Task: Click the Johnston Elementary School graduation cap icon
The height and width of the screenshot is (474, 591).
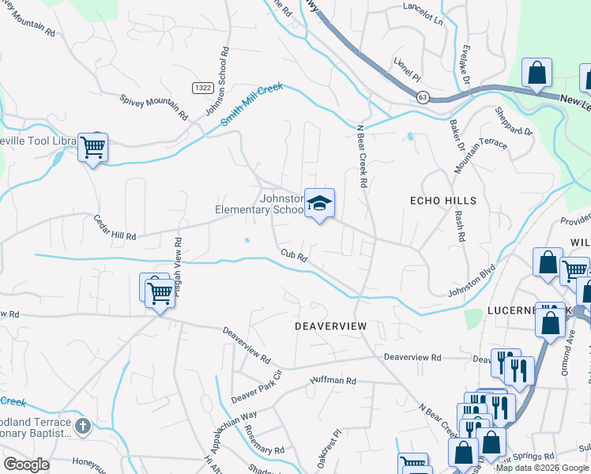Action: click(320, 204)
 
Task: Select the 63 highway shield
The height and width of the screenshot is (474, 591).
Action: click(423, 96)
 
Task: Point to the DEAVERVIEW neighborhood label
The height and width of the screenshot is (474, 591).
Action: click(331, 325)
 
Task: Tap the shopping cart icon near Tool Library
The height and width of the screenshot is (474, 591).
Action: click(93, 147)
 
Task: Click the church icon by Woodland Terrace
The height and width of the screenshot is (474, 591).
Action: click(83, 427)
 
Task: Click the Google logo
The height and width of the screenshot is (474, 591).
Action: click(26, 465)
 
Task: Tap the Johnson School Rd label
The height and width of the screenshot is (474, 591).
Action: click(217, 82)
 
